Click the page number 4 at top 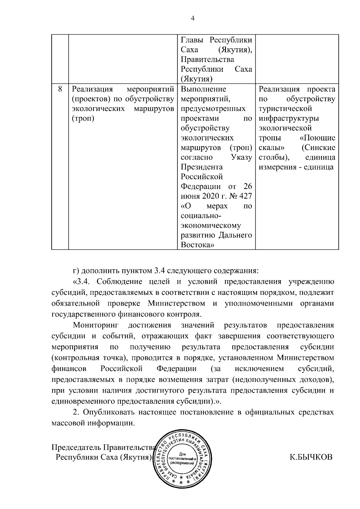193,19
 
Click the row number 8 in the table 60,89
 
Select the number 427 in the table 244,196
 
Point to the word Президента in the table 202,167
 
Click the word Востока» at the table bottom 197,245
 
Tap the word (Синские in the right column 319,148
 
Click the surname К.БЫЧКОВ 311,457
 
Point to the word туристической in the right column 285,109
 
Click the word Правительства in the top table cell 207,60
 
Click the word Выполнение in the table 203,89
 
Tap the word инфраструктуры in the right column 289,118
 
